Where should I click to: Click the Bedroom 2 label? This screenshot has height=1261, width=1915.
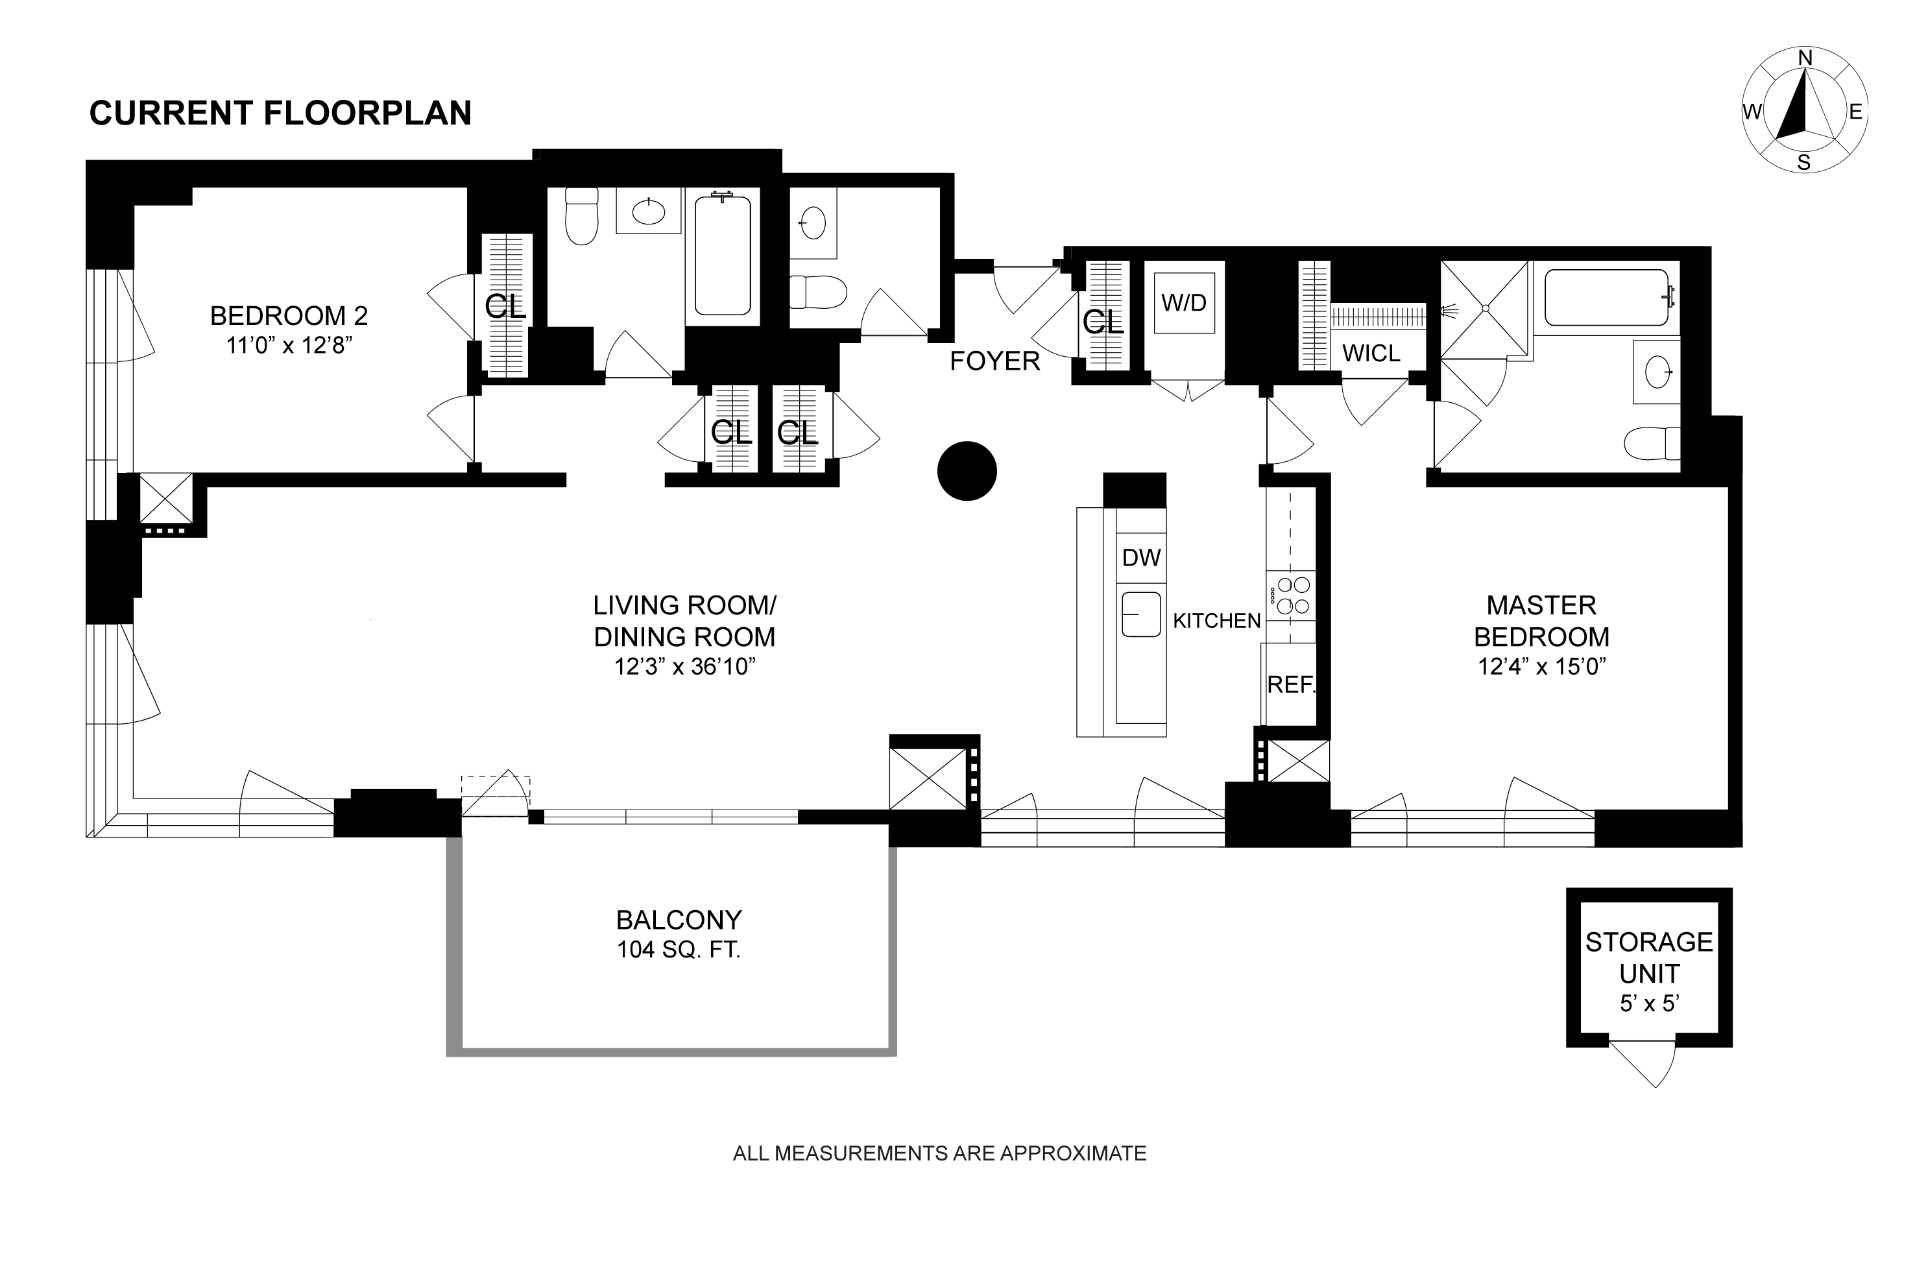click(289, 315)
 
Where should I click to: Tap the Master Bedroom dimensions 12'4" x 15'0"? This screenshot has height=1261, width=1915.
click(1541, 667)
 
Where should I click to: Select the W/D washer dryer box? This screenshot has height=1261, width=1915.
click(1185, 302)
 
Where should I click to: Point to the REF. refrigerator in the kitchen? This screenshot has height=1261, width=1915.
click(1290, 684)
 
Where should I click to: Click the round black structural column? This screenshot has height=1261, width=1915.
click(967, 471)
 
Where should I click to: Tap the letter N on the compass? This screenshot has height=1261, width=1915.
click(1805, 80)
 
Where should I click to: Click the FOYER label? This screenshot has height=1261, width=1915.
click(995, 361)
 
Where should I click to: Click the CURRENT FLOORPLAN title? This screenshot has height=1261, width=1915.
click(280, 114)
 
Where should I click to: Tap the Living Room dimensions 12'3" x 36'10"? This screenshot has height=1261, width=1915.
click(685, 667)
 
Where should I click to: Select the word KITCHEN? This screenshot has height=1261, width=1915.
click(1216, 620)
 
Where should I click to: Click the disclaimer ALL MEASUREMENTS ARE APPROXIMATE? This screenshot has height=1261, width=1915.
click(939, 1153)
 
